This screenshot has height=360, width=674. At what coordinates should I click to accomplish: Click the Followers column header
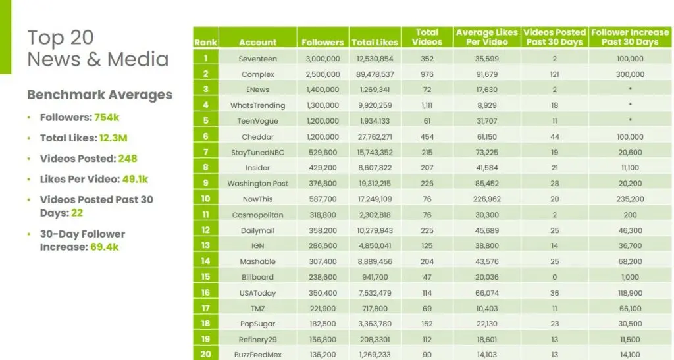point(323,42)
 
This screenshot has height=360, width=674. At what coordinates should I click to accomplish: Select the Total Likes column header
point(375,42)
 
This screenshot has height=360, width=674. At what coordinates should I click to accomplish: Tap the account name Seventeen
point(257,59)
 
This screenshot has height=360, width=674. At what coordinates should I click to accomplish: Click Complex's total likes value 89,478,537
point(375,74)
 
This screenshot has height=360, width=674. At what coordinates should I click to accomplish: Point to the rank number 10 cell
point(205,199)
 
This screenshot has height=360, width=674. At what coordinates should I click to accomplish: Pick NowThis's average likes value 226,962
point(487,199)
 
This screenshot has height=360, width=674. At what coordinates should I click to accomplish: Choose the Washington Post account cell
point(257,183)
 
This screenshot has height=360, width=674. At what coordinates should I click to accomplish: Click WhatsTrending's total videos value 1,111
point(427,105)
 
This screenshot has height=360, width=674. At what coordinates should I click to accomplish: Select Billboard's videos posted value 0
point(554,277)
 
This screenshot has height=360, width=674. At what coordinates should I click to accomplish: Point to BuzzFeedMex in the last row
point(257,355)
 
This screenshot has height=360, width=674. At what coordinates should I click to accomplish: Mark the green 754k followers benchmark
point(106,118)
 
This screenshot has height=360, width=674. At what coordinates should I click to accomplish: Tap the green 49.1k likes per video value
point(135,179)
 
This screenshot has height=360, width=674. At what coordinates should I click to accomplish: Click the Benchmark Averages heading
point(99,95)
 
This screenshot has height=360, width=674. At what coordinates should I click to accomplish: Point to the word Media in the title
point(138,59)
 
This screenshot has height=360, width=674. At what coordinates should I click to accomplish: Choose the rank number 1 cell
point(205,59)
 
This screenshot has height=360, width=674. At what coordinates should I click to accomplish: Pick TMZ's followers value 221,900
point(323,308)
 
